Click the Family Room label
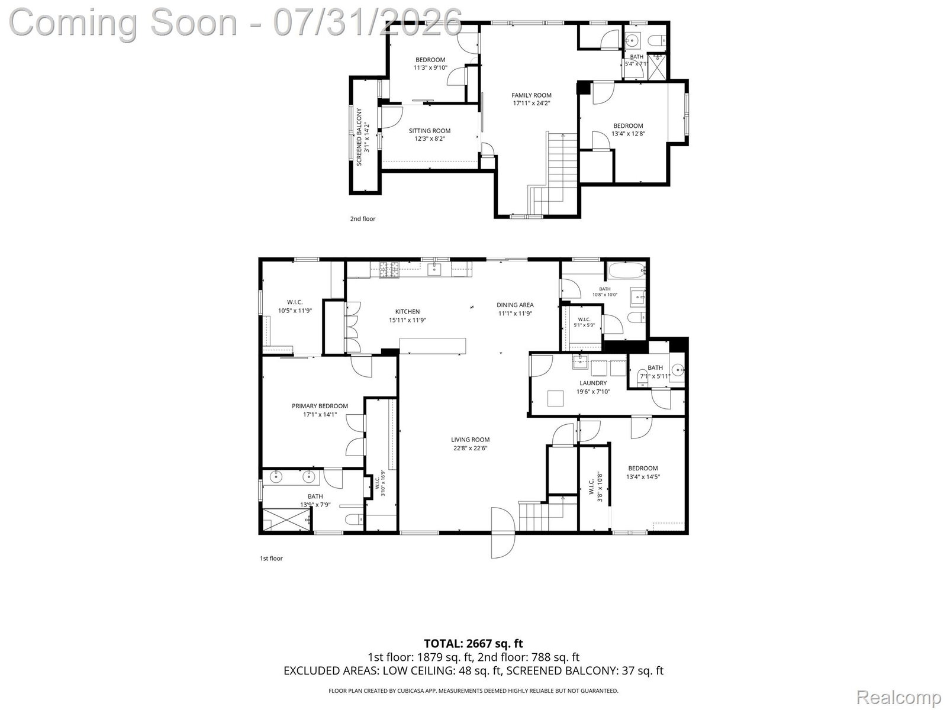(531, 95)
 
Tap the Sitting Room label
(429, 131)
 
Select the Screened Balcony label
(359, 137)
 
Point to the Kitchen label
(407, 311)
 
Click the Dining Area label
(515, 305)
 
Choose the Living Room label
(471, 439)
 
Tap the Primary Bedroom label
(320, 406)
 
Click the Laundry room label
(593, 383)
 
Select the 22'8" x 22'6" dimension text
(470, 448)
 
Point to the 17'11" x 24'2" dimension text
(531, 104)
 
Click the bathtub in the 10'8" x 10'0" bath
(626, 271)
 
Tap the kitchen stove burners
(390, 270)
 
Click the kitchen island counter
(433, 346)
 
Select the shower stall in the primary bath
(287, 519)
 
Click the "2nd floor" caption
(362, 218)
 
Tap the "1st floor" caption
(271, 559)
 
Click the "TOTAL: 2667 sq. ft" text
(474, 644)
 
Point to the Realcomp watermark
(898, 697)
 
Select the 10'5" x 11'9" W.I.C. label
(295, 306)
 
